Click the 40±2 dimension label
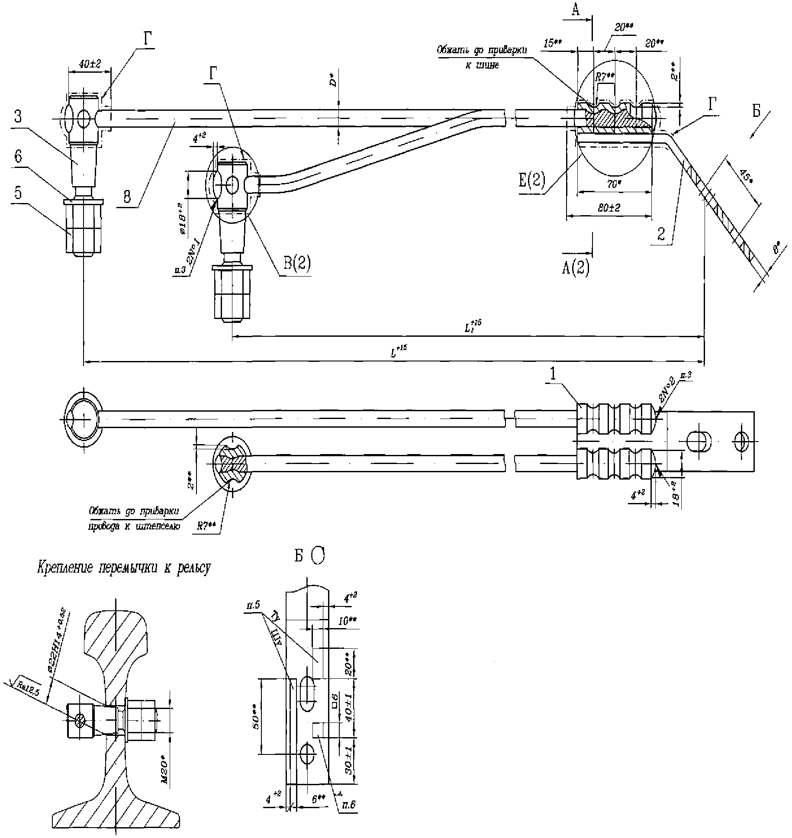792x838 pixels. click(89, 64)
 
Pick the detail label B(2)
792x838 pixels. click(297, 263)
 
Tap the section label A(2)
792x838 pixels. click(576, 268)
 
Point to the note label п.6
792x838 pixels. click(349, 806)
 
